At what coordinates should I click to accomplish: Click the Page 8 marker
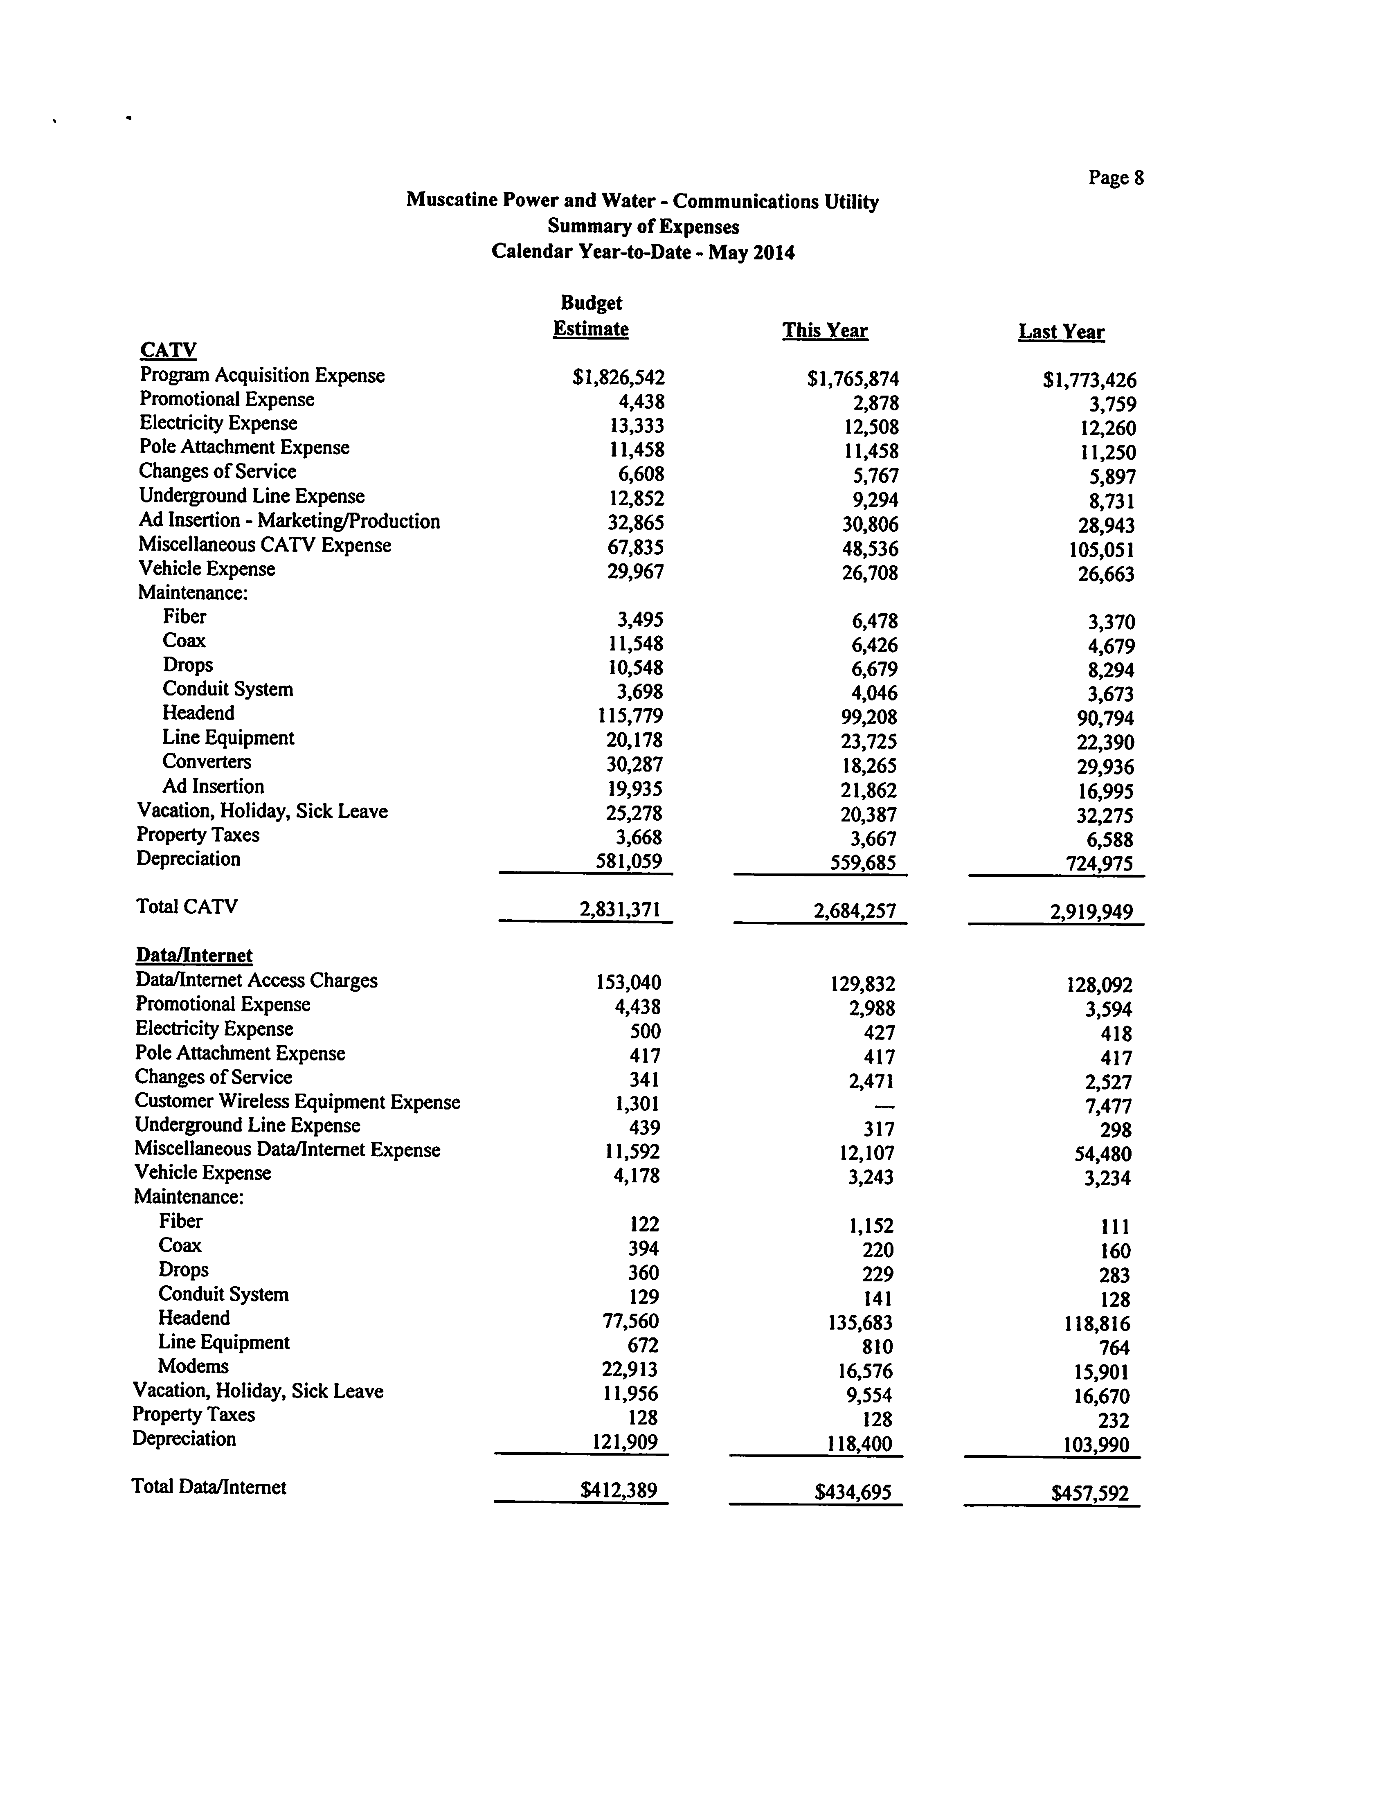point(1116,178)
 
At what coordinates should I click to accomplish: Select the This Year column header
point(825,331)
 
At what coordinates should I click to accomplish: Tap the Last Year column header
point(1061,332)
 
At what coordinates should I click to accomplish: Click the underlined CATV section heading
point(168,350)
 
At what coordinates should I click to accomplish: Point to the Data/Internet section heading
point(194,955)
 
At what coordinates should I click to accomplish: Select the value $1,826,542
point(619,378)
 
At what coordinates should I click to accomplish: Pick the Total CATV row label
point(187,907)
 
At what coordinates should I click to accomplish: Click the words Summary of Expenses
point(643,226)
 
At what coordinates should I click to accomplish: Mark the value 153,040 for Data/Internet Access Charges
point(628,983)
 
